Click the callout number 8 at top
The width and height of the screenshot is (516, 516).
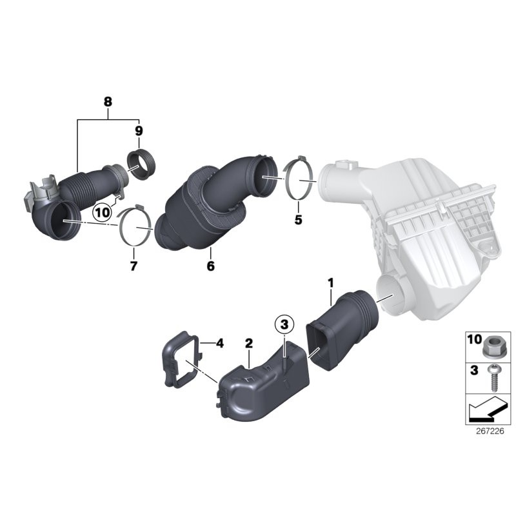point(108,101)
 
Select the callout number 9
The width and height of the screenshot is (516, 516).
point(138,132)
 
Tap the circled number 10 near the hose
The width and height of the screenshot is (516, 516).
point(102,212)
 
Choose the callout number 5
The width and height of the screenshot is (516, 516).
point(298,220)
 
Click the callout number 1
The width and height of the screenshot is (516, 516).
point(330,283)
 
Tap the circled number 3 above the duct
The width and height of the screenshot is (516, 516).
point(284,324)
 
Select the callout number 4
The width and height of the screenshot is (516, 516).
point(219,343)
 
